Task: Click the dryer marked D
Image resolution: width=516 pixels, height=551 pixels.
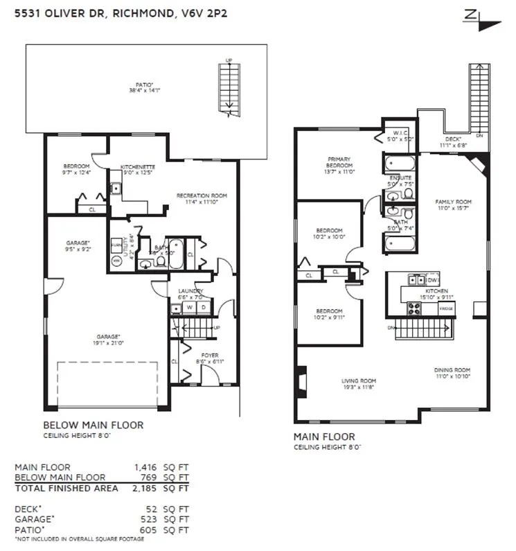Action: pos(203,307)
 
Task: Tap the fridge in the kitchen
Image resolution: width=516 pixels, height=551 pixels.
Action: pos(446,307)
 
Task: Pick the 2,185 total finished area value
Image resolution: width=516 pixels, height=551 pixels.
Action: pos(146,488)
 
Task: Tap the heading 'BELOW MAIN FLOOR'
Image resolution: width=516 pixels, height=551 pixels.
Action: pos(93,425)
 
